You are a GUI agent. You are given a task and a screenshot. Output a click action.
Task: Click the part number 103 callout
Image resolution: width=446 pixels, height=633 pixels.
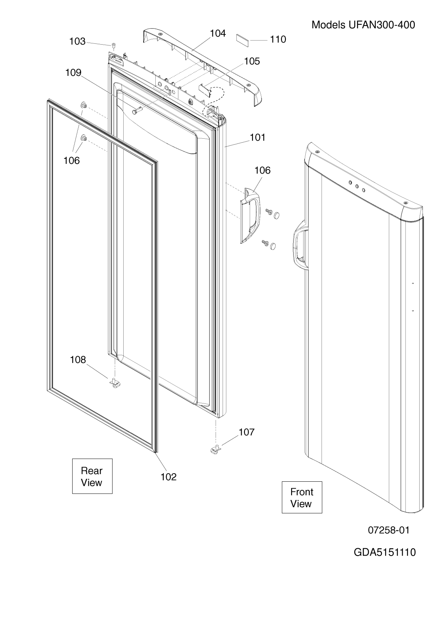(x=77, y=41)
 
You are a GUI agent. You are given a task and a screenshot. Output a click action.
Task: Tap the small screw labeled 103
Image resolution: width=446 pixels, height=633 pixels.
(x=114, y=45)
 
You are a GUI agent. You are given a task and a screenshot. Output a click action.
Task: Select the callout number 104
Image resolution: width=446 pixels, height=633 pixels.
(x=218, y=33)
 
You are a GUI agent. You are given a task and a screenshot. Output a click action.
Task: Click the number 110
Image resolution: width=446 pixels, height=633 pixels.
(x=278, y=39)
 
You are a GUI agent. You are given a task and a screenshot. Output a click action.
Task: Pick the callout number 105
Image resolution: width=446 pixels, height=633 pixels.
(x=252, y=61)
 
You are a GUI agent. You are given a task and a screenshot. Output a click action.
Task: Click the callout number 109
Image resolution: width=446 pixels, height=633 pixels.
(x=73, y=73)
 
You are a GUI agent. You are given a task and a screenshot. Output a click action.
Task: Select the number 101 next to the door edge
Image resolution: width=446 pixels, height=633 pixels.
(x=257, y=137)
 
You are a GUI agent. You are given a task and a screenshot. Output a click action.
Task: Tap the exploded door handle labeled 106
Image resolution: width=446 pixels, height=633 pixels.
(x=251, y=215)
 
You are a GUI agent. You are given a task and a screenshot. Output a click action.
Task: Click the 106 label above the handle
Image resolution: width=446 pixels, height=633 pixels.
(x=263, y=170)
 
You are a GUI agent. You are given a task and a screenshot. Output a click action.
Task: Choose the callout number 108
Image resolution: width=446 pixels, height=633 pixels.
(x=78, y=360)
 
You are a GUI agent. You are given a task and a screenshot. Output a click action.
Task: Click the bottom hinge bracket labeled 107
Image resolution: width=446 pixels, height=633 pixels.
(x=216, y=449)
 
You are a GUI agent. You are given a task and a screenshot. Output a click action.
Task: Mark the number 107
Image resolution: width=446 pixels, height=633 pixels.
(x=247, y=432)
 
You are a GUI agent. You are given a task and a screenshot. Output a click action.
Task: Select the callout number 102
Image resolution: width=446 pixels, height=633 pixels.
(x=168, y=477)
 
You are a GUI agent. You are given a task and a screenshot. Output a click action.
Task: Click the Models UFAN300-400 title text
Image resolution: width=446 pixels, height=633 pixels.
(x=363, y=25)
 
